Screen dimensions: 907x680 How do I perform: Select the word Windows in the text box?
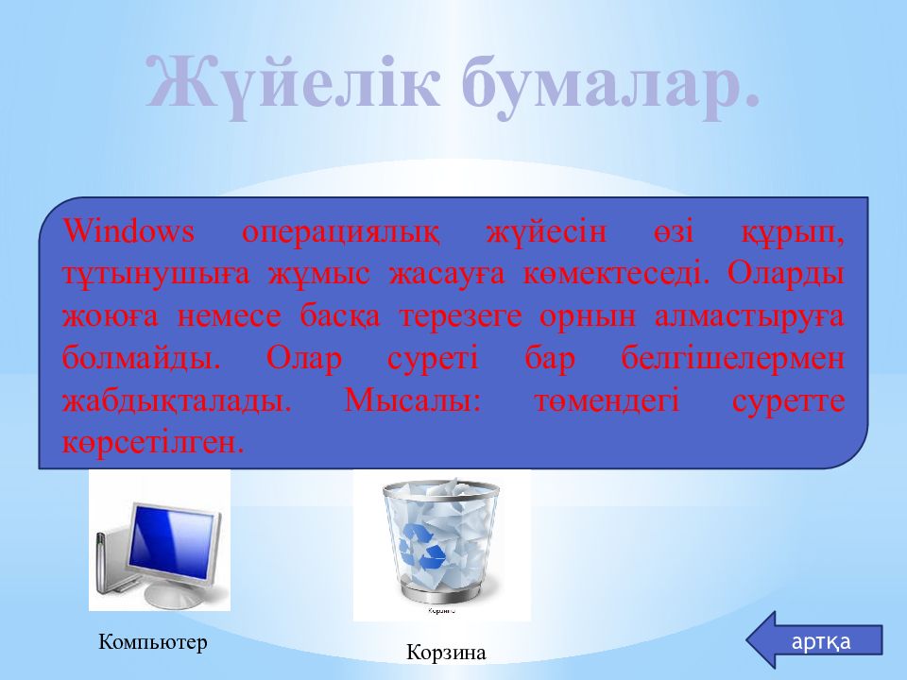(128, 231)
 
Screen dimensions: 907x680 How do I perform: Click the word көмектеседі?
(616, 274)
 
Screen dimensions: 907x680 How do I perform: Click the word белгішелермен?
(733, 359)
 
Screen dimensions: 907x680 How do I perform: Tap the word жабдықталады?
(177, 401)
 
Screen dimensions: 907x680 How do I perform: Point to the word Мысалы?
(413, 400)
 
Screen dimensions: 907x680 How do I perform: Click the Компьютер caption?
(153, 642)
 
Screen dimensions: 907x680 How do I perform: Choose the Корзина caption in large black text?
(446, 653)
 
